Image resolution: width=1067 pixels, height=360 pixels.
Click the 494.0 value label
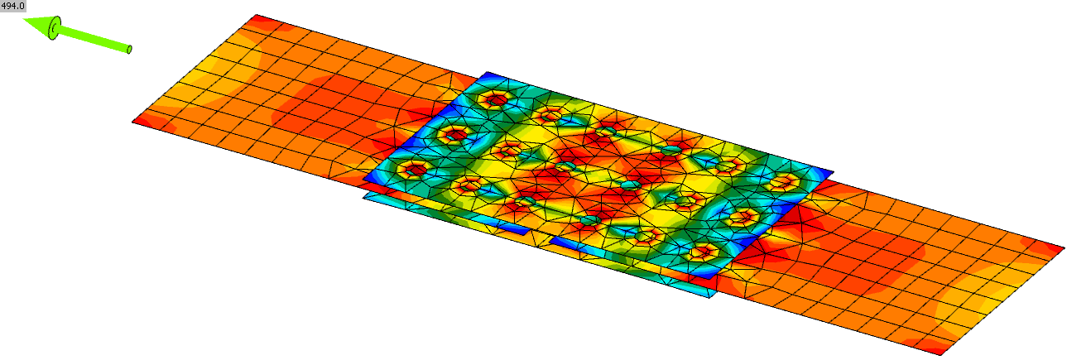point(12,6)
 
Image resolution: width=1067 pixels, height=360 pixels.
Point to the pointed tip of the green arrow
point(23,20)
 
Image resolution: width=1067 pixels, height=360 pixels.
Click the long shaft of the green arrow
point(94,39)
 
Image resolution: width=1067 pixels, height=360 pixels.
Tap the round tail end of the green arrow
point(129,49)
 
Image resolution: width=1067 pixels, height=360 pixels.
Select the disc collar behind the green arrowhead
point(55,29)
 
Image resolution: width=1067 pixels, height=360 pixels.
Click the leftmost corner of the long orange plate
point(133,122)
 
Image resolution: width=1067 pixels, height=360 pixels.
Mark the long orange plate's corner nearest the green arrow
point(257,15)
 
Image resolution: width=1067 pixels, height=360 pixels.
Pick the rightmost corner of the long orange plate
point(1065,248)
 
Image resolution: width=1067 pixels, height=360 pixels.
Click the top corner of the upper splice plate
point(487,72)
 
